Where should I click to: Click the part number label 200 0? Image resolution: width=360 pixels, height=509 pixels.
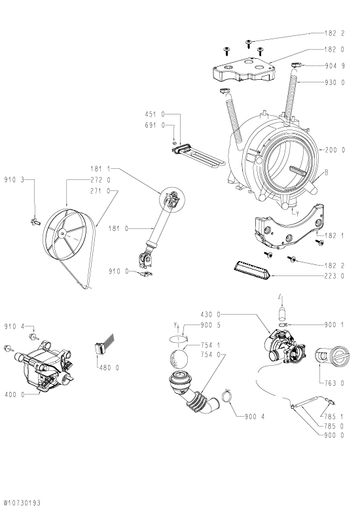tap(334, 150)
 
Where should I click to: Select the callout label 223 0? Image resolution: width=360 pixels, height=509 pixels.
tap(334, 276)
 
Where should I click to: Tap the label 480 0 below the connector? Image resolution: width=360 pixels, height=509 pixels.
tap(109, 368)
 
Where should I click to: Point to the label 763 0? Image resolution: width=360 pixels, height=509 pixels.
tap(334, 383)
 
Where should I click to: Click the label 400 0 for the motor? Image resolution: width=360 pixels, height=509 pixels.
tap(14, 395)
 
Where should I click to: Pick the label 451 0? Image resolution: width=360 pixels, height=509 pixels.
tap(155, 114)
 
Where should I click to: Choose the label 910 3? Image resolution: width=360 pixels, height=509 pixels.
tap(14, 179)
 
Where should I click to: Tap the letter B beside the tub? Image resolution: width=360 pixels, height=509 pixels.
tap(326, 172)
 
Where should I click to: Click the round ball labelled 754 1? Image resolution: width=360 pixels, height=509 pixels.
tap(179, 359)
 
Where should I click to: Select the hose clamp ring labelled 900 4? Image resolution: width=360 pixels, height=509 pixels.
tap(227, 396)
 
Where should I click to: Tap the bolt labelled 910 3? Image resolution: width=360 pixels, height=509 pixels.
tap(35, 222)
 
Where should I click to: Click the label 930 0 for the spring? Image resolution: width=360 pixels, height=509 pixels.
tap(334, 82)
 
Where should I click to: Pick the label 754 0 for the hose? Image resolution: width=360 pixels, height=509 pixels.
tap(211, 355)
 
